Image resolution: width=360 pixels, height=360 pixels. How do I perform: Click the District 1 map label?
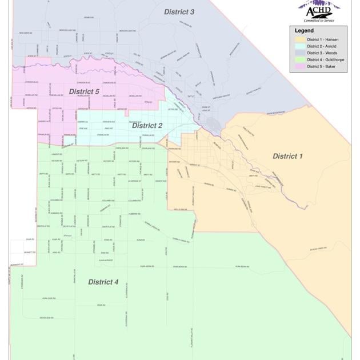pos(288,156)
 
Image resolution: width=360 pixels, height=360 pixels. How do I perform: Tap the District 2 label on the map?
pos(147,126)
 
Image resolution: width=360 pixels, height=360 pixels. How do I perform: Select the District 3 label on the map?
pos(179,12)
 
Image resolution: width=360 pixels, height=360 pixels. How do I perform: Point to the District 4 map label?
pos(103,282)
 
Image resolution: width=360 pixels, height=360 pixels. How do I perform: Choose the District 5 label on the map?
pos(84,91)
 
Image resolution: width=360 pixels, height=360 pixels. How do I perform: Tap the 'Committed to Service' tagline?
pos(319,21)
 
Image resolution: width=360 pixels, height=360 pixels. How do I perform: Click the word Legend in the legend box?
pos(304,30)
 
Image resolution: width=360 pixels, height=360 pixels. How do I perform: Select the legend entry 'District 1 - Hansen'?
pos(322,39)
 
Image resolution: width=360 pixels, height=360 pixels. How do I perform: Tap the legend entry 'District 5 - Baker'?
pos(321,67)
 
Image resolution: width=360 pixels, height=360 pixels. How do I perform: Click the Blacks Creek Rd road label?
pos(318,249)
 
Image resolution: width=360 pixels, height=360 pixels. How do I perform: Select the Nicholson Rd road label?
pos(46,318)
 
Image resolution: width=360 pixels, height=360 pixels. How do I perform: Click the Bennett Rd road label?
pos(30,252)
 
